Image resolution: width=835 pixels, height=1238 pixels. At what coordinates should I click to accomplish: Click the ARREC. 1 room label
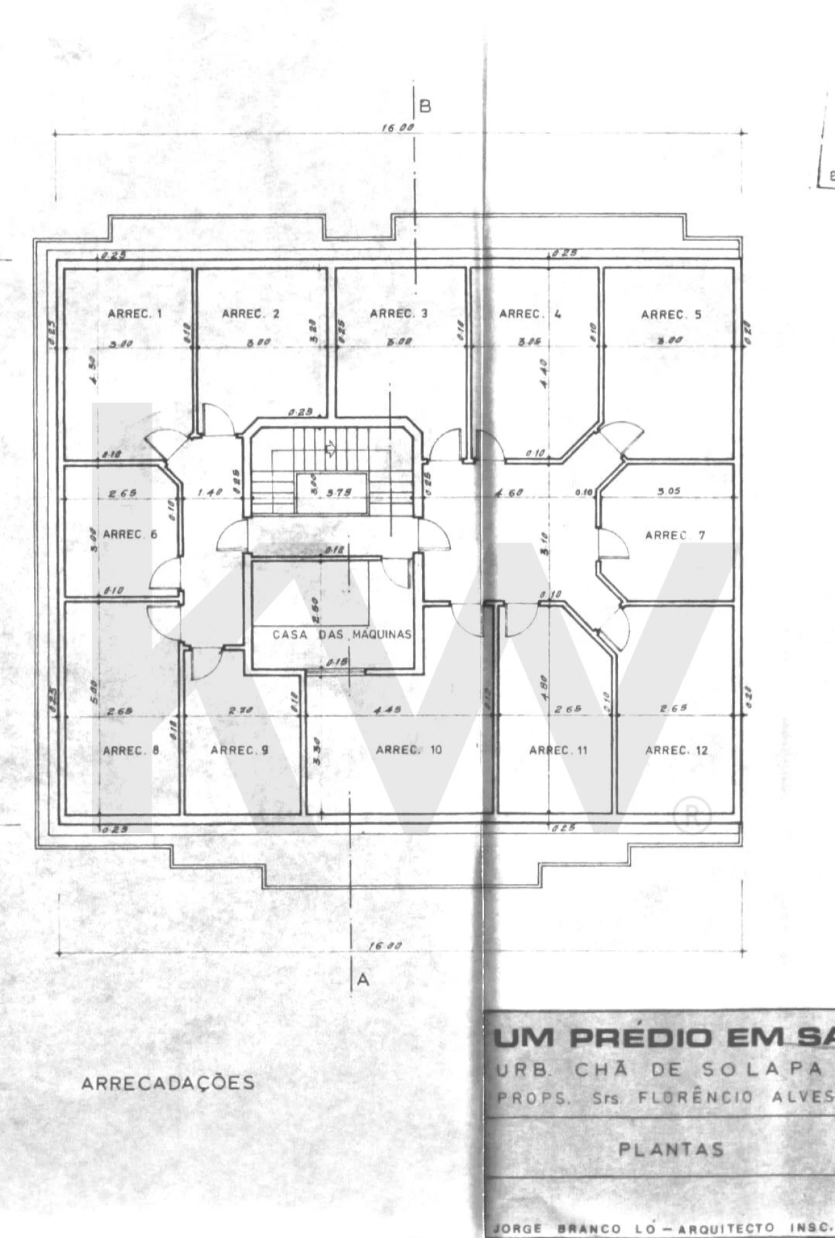(135, 314)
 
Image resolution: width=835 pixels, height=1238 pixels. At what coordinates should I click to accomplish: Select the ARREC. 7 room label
(675, 535)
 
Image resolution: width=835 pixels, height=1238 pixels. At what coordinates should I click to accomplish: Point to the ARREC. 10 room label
(408, 750)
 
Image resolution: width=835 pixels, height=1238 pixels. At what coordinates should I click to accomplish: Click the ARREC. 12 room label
(676, 750)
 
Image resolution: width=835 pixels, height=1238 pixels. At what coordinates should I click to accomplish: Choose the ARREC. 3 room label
(399, 314)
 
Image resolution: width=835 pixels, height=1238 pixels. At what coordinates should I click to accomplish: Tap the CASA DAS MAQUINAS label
(342, 634)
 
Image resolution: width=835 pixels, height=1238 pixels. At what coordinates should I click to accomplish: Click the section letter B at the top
(425, 106)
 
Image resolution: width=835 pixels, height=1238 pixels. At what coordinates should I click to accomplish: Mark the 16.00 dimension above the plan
(397, 128)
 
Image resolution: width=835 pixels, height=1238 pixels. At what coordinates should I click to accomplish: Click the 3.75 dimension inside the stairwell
(339, 493)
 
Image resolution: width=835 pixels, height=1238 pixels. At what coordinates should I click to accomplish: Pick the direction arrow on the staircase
(330, 447)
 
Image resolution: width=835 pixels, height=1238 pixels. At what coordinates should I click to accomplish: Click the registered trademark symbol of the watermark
(691, 816)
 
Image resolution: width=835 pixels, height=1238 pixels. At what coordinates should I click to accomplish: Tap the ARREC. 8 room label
(130, 750)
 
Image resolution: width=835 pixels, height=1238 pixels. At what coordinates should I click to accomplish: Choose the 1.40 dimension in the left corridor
(210, 493)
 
